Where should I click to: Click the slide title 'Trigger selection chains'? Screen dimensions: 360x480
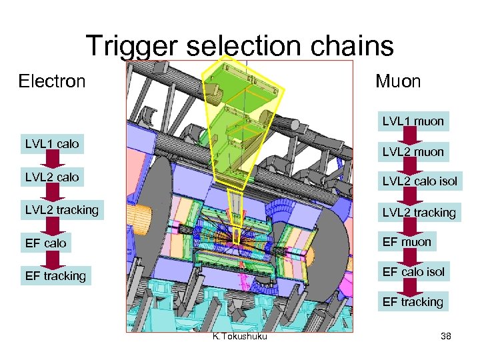point(239,46)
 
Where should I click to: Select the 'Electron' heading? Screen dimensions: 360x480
point(52,81)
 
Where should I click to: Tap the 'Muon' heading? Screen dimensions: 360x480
point(398,81)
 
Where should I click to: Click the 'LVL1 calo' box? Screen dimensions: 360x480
point(52,144)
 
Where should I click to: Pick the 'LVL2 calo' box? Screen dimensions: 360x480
point(52,177)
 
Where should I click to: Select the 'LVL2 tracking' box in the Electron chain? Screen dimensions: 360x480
point(61,210)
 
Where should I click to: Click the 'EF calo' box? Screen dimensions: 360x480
point(46,243)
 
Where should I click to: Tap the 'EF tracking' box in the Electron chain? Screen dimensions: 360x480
point(55,276)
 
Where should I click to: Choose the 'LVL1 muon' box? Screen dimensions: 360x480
point(413,121)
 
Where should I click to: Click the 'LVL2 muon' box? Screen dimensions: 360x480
point(413,152)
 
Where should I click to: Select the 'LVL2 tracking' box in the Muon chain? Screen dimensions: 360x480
point(419,213)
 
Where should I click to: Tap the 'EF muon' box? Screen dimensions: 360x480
point(407,242)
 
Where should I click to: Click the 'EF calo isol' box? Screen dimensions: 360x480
point(413,272)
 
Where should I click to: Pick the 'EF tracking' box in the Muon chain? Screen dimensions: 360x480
point(413,302)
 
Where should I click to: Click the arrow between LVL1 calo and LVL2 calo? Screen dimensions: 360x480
point(52,161)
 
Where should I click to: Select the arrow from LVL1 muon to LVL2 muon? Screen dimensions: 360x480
point(413,137)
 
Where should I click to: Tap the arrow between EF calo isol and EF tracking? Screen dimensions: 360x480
point(413,287)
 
